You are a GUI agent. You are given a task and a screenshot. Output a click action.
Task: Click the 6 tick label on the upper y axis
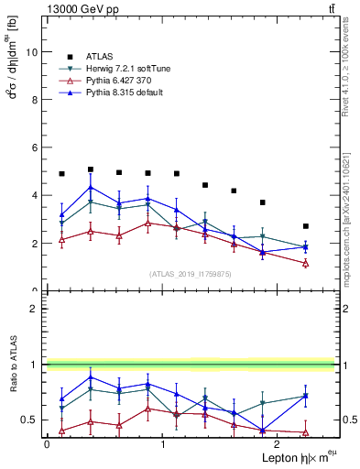click(35, 147)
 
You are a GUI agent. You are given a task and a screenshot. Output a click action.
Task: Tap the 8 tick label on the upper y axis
click(35, 100)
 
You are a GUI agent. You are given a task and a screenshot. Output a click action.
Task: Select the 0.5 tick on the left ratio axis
click(30, 420)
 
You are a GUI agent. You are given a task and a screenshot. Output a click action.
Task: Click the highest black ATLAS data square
click(91, 169)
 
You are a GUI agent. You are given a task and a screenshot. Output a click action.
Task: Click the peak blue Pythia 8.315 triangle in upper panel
click(91, 188)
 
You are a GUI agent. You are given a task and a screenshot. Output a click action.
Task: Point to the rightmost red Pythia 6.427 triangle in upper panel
click(306, 264)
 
